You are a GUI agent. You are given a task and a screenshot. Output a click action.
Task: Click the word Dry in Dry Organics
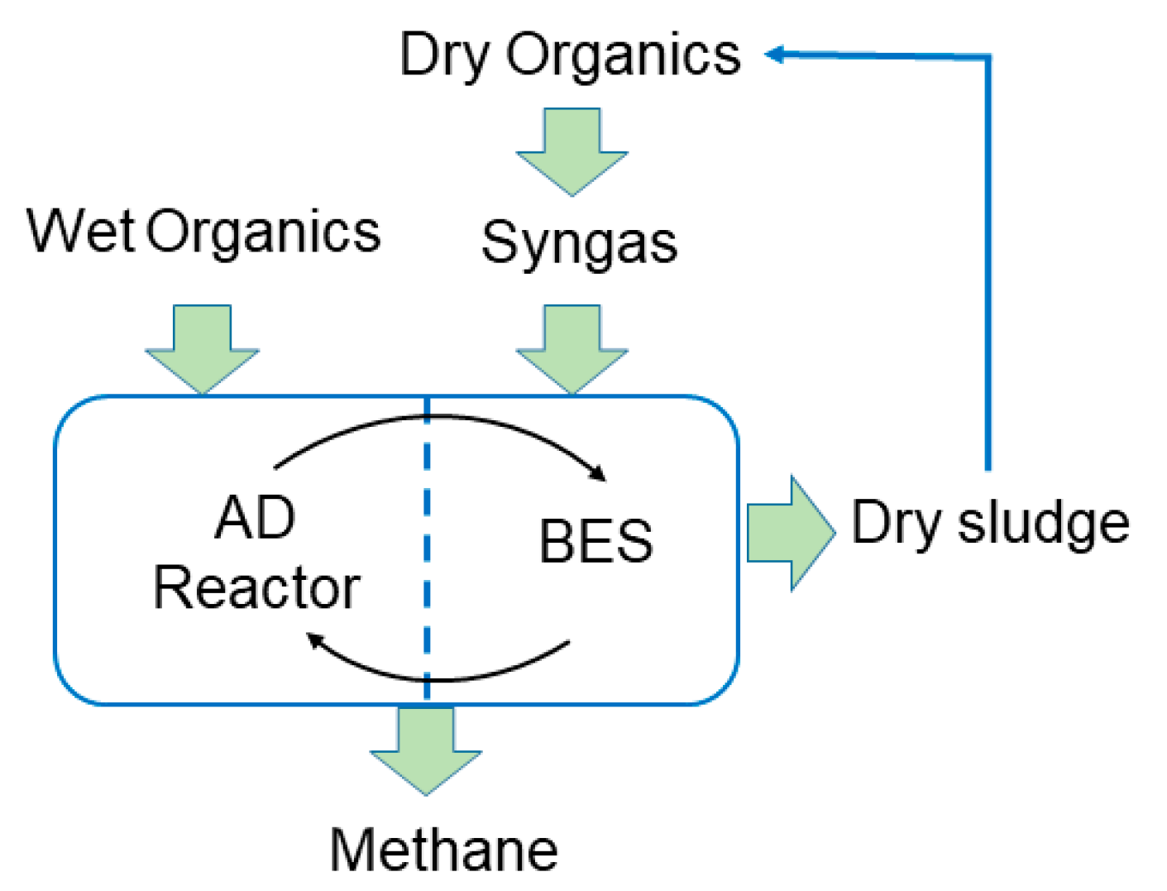pos(444,56)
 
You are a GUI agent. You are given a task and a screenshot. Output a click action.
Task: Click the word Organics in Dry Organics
pos(624,56)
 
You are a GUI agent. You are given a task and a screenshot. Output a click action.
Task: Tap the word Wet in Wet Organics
pos(80,231)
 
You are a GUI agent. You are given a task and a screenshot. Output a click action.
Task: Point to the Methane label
pos(443,850)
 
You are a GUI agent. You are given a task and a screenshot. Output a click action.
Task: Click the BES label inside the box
pos(595,542)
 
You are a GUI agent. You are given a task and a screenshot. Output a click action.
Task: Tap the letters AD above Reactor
pos(255,518)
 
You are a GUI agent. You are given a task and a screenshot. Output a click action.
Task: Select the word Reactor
pos(256,588)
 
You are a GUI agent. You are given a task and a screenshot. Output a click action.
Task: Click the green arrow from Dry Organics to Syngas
pos(572,151)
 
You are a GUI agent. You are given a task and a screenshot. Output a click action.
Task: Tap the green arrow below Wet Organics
pos(203,347)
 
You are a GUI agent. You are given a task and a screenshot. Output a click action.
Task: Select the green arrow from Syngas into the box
pos(572,347)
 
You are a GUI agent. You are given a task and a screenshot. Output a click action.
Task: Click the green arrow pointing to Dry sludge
pos(790,533)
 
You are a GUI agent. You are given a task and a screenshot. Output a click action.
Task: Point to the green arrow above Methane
pos(426,750)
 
